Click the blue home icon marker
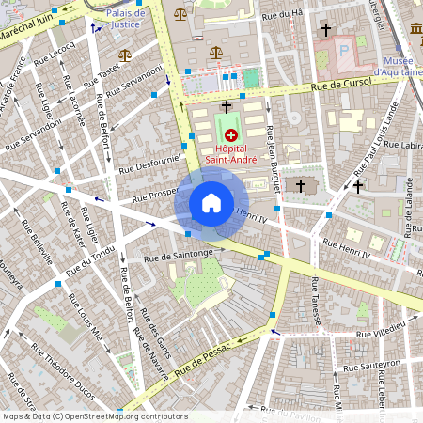pos(211,203)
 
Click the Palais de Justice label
pos(127,20)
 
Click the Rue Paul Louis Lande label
pos(375,145)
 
